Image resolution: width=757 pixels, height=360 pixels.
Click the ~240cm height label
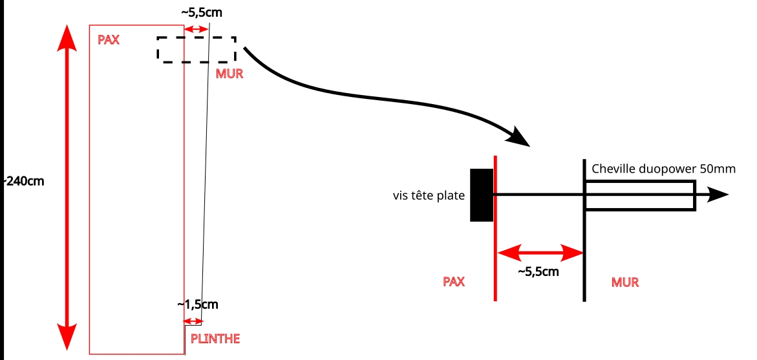[x=25, y=181]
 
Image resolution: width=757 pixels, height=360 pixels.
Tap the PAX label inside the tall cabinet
[x=109, y=40]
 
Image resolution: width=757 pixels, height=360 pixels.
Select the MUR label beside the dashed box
[x=229, y=74]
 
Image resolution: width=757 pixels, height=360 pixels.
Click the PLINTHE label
[x=215, y=338]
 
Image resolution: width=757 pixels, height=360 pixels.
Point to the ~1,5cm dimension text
[x=198, y=304]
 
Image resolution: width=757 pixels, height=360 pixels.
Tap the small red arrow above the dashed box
[x=197, y=29]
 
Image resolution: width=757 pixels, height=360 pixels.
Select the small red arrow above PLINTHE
[x=193, y=321]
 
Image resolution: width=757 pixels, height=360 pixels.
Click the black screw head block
[x=482, y=195]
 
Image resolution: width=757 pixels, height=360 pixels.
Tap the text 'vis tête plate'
[x=429, y=195]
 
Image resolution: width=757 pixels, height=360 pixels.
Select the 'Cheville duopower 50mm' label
[x=664, y=169]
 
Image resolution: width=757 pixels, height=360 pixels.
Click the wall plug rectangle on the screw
[x=640, y=195]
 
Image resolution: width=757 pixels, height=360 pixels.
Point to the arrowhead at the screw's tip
[x=719, y=195]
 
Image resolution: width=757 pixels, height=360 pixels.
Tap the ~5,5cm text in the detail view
[x=538, y=271]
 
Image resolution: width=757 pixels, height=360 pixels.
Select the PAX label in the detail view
[x=454, y=282]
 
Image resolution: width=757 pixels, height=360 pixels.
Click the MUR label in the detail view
[x=625, y=282]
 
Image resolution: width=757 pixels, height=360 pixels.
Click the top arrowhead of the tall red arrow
[x=65, y=39]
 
